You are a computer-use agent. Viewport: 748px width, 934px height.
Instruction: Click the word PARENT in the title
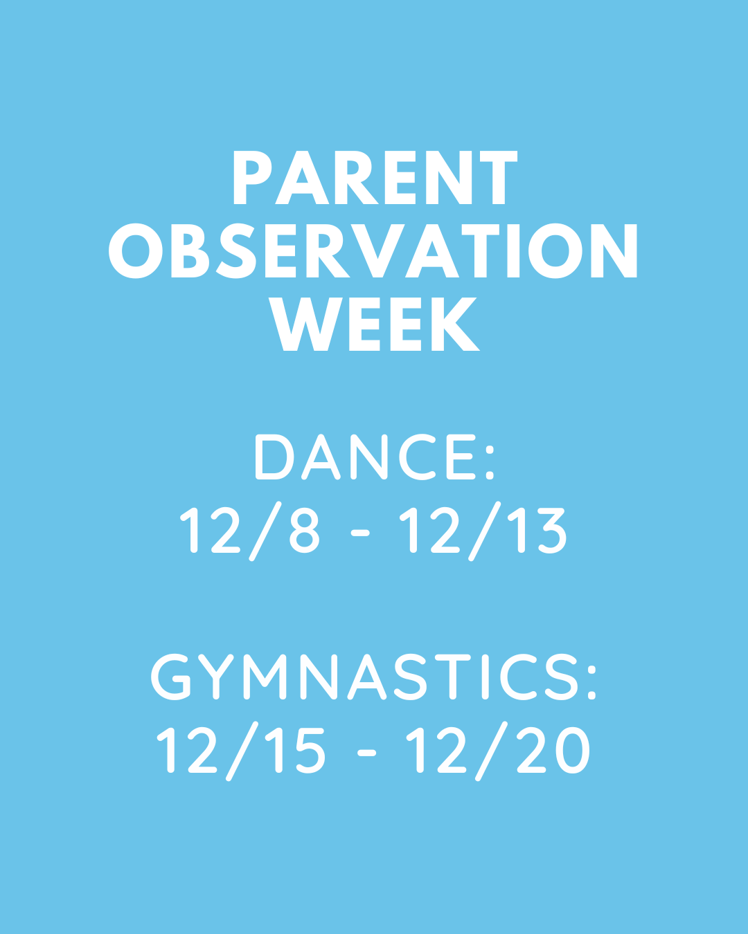point(375,178)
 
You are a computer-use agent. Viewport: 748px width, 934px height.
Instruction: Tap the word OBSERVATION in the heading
point(373,250)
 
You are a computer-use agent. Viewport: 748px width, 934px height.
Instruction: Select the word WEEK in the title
point(374,324)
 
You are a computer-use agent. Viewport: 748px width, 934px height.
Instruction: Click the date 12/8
point(250,531)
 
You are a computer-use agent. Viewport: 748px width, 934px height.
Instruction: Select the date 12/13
point(483,531)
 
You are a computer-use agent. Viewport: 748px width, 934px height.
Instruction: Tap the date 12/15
point(241,751)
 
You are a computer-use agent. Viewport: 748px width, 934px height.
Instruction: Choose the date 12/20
point(498,751)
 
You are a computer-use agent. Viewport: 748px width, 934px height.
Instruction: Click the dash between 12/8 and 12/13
point(360,533)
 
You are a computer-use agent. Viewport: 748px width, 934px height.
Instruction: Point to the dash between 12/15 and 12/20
point(366,753)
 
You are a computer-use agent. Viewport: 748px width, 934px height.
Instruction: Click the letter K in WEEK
point(456,324)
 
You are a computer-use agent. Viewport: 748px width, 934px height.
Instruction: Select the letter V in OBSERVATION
point(377,250)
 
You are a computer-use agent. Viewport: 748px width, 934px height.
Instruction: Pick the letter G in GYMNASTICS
point(171,677)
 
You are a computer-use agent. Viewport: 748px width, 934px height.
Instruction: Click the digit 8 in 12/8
point(305,531)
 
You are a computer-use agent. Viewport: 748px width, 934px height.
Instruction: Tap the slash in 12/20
point(492,751)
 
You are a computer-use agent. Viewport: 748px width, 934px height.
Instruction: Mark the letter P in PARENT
point(253,178)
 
